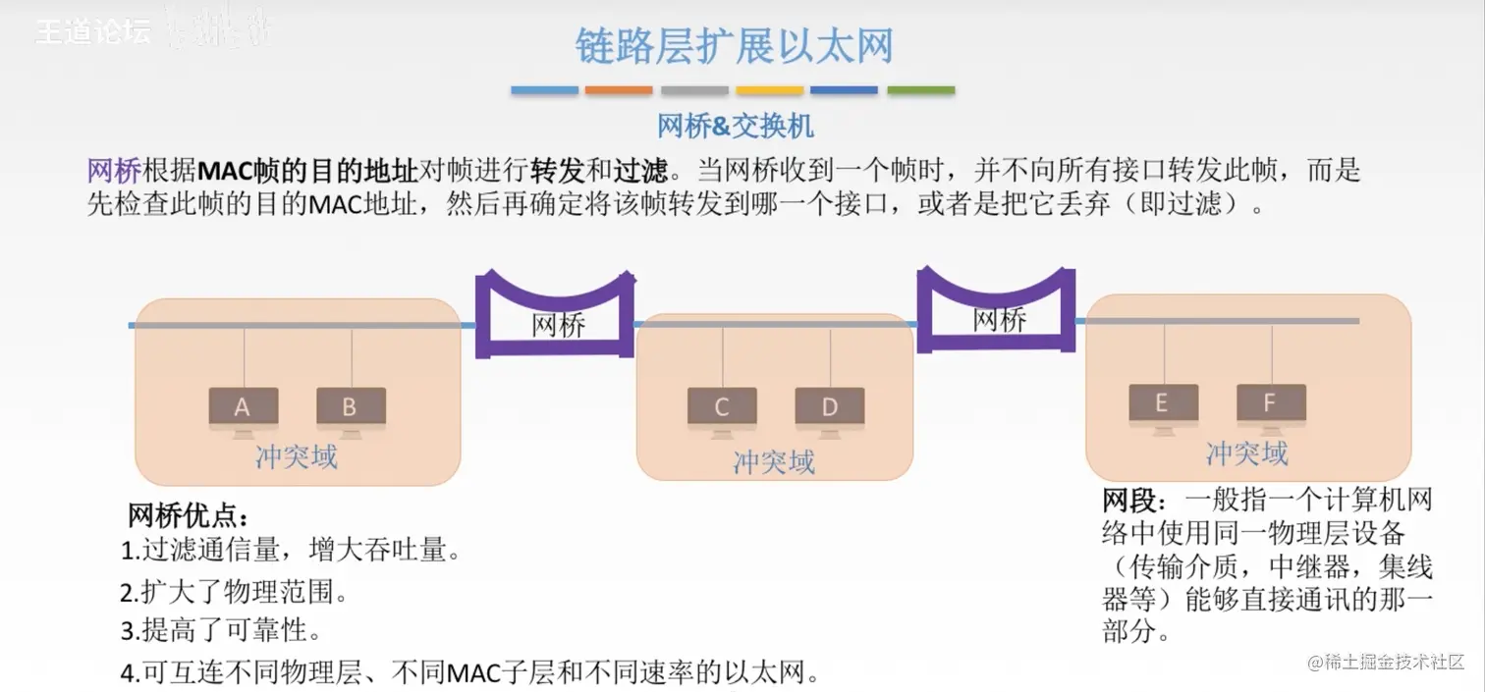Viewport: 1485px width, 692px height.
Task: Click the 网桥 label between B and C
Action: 559,325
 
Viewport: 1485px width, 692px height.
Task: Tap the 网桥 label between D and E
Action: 1000,319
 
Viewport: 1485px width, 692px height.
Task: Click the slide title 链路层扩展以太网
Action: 734,47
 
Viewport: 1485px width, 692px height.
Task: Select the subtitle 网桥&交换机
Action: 736,126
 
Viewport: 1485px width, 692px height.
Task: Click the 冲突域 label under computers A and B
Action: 296,457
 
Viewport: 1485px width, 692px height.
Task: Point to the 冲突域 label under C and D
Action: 774,461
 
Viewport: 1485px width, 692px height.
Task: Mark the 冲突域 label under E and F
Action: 1246,453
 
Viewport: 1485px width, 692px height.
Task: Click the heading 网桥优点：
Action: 189,515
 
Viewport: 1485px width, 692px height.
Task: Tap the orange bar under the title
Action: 619,90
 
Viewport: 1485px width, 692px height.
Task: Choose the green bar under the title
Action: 920,90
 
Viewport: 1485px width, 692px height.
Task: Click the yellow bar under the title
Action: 770,90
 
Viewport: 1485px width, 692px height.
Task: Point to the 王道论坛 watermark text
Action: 93,31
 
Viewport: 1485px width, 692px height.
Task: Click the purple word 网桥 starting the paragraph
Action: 114,170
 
